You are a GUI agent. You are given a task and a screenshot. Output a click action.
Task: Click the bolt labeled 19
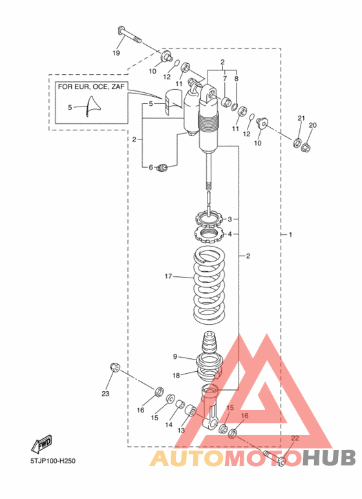[129, 36]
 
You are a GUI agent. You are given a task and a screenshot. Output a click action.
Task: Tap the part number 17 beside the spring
[168, 276]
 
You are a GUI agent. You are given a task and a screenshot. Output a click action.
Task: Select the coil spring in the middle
[210, 285]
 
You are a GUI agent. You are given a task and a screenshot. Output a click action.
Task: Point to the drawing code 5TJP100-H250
[53, 460]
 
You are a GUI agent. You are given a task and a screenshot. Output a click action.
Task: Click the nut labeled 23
[114, 368]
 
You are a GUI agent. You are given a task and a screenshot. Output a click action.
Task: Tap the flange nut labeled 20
[306, 147]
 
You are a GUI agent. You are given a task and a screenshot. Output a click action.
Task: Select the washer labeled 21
[297, 142]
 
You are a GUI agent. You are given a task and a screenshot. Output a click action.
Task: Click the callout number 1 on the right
[290, 234]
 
